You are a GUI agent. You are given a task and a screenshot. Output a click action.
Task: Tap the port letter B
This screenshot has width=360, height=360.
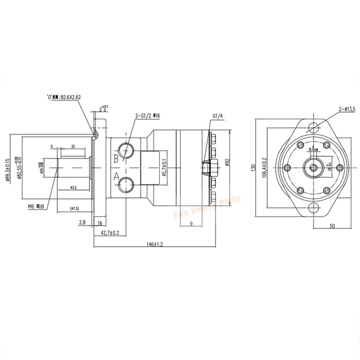point(116,159)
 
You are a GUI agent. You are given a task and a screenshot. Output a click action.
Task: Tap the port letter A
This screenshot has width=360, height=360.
point(116,176)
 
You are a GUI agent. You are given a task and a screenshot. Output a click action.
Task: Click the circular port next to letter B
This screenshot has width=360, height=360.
point(127,150)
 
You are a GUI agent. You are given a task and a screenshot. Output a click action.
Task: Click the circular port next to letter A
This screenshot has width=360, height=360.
point(127,183)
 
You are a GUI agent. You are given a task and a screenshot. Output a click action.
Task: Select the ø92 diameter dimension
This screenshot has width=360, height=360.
point(228,162)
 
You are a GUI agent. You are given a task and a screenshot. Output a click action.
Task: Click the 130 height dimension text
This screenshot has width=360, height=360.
point(254,168)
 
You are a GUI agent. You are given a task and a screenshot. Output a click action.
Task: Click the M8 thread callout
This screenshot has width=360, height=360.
point(35,207)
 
